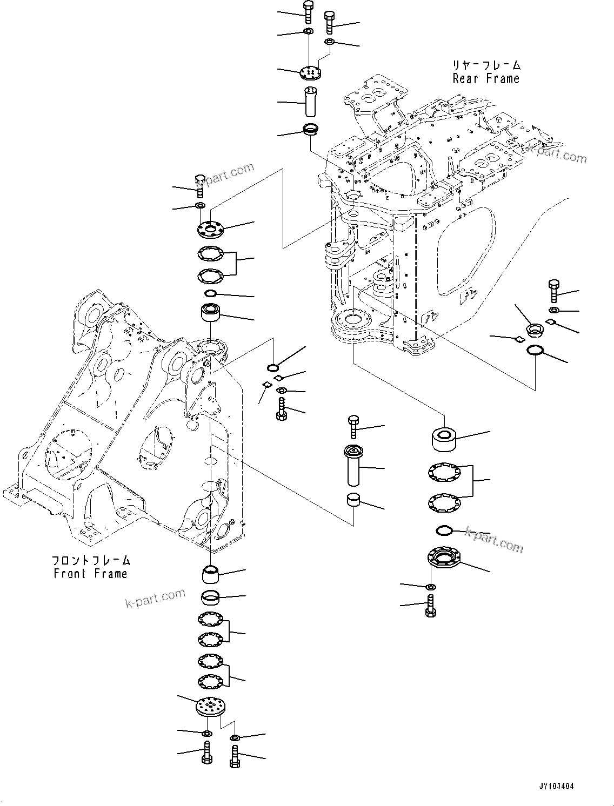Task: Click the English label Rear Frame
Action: pos(485,79)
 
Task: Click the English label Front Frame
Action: pos(90,574)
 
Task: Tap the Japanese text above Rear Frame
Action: pos(486,65)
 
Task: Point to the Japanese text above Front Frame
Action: pos(91,560)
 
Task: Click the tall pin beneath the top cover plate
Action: pos(310,101)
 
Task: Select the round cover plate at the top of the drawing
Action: pos(310,72)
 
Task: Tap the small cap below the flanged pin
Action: pos(354,500)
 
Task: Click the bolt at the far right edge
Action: pos(553,291)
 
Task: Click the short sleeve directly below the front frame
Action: pos(210,574)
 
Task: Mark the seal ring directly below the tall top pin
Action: pos(310,130)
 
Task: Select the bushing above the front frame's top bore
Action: pos(211,313)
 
